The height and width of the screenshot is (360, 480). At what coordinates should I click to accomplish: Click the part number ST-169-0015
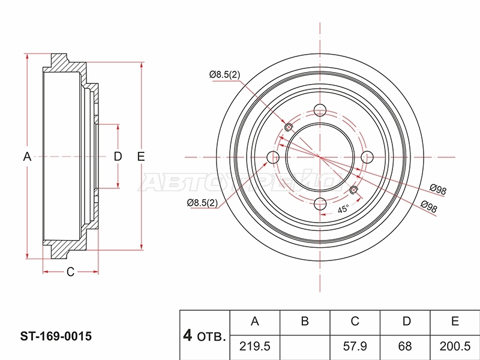56,336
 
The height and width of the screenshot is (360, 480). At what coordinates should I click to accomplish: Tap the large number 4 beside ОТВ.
187,335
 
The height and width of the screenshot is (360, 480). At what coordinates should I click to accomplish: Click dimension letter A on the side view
27,157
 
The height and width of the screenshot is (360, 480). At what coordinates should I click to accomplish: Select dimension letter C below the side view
70,272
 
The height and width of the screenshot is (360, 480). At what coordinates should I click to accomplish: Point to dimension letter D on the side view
118,157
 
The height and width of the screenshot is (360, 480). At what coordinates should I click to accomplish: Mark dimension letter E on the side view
141,157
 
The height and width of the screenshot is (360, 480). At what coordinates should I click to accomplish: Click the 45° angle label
343,209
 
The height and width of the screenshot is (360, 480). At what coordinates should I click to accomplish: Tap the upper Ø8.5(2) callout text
224,74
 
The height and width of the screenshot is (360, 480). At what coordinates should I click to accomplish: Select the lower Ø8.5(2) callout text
202,203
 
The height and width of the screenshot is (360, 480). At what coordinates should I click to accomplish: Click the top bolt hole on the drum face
320,110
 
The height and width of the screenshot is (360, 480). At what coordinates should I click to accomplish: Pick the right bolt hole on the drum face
367,157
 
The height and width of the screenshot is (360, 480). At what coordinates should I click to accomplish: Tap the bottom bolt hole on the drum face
320,204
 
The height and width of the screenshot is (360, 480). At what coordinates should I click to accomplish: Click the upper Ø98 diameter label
438,189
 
